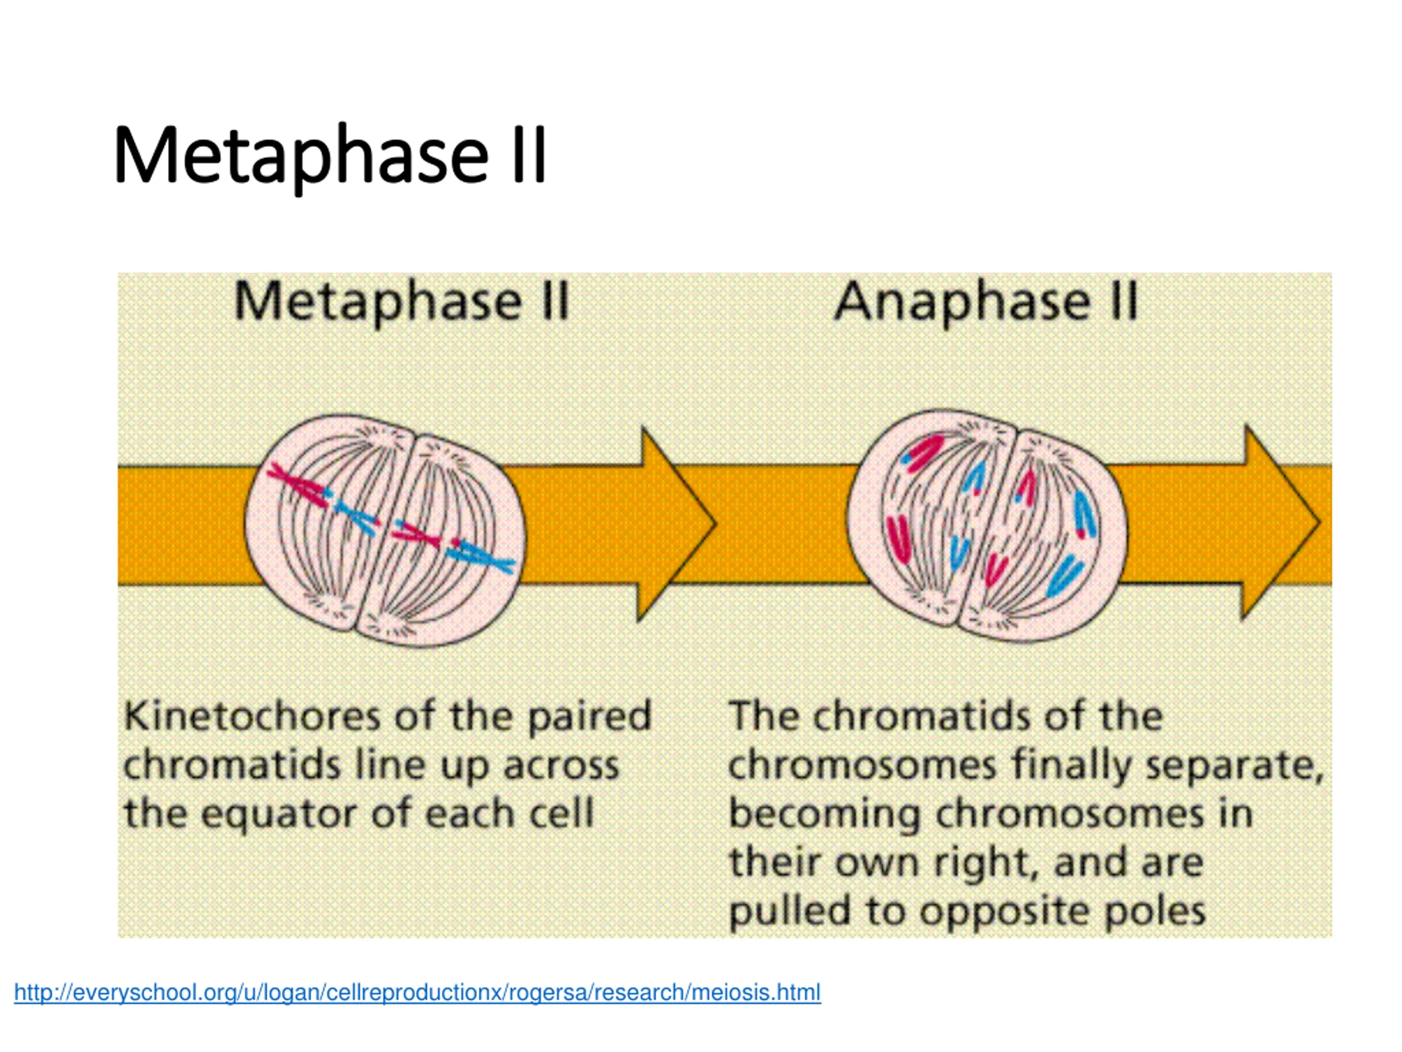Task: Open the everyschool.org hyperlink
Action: pyautogui.click(x=417, y=992)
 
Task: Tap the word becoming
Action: pyautogui.click(x=824, y=815)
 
